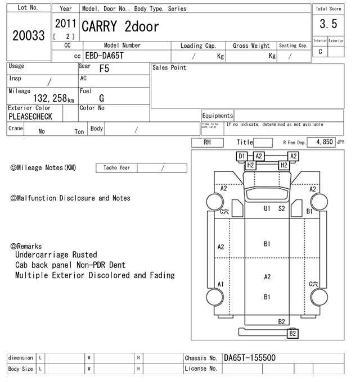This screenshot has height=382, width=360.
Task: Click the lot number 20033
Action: (x=28, y=35)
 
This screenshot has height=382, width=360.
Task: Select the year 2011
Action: (x=66, y=24)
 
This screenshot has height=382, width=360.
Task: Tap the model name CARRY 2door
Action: (x=120, y=26)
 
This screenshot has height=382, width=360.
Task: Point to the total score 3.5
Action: (x=328, y=24)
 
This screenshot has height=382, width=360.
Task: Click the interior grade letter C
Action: (x=320, y=52)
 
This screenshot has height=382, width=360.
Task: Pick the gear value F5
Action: (x=104, y=69)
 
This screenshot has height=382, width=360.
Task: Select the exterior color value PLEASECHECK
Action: (x=30, y=117)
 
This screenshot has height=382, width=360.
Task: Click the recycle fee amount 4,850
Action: (x=324, y=143)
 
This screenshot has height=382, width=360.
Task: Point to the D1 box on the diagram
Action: (x=242, y=156)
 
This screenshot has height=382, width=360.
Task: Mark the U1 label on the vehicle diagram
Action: (x=267, y=208)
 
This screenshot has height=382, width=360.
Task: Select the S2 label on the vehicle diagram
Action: (x=282, y=208)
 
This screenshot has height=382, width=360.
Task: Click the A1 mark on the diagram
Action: (x=221, y=284)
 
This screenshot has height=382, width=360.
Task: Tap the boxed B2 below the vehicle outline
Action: (x=292, y=334)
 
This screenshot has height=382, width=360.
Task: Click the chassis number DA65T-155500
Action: (x=250, y=358)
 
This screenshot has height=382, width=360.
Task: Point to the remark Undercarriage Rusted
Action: (x=56, y=255)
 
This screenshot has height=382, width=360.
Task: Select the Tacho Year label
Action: (x=116, y=168)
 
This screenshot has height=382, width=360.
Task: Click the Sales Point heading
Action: (x=169, y=68)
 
